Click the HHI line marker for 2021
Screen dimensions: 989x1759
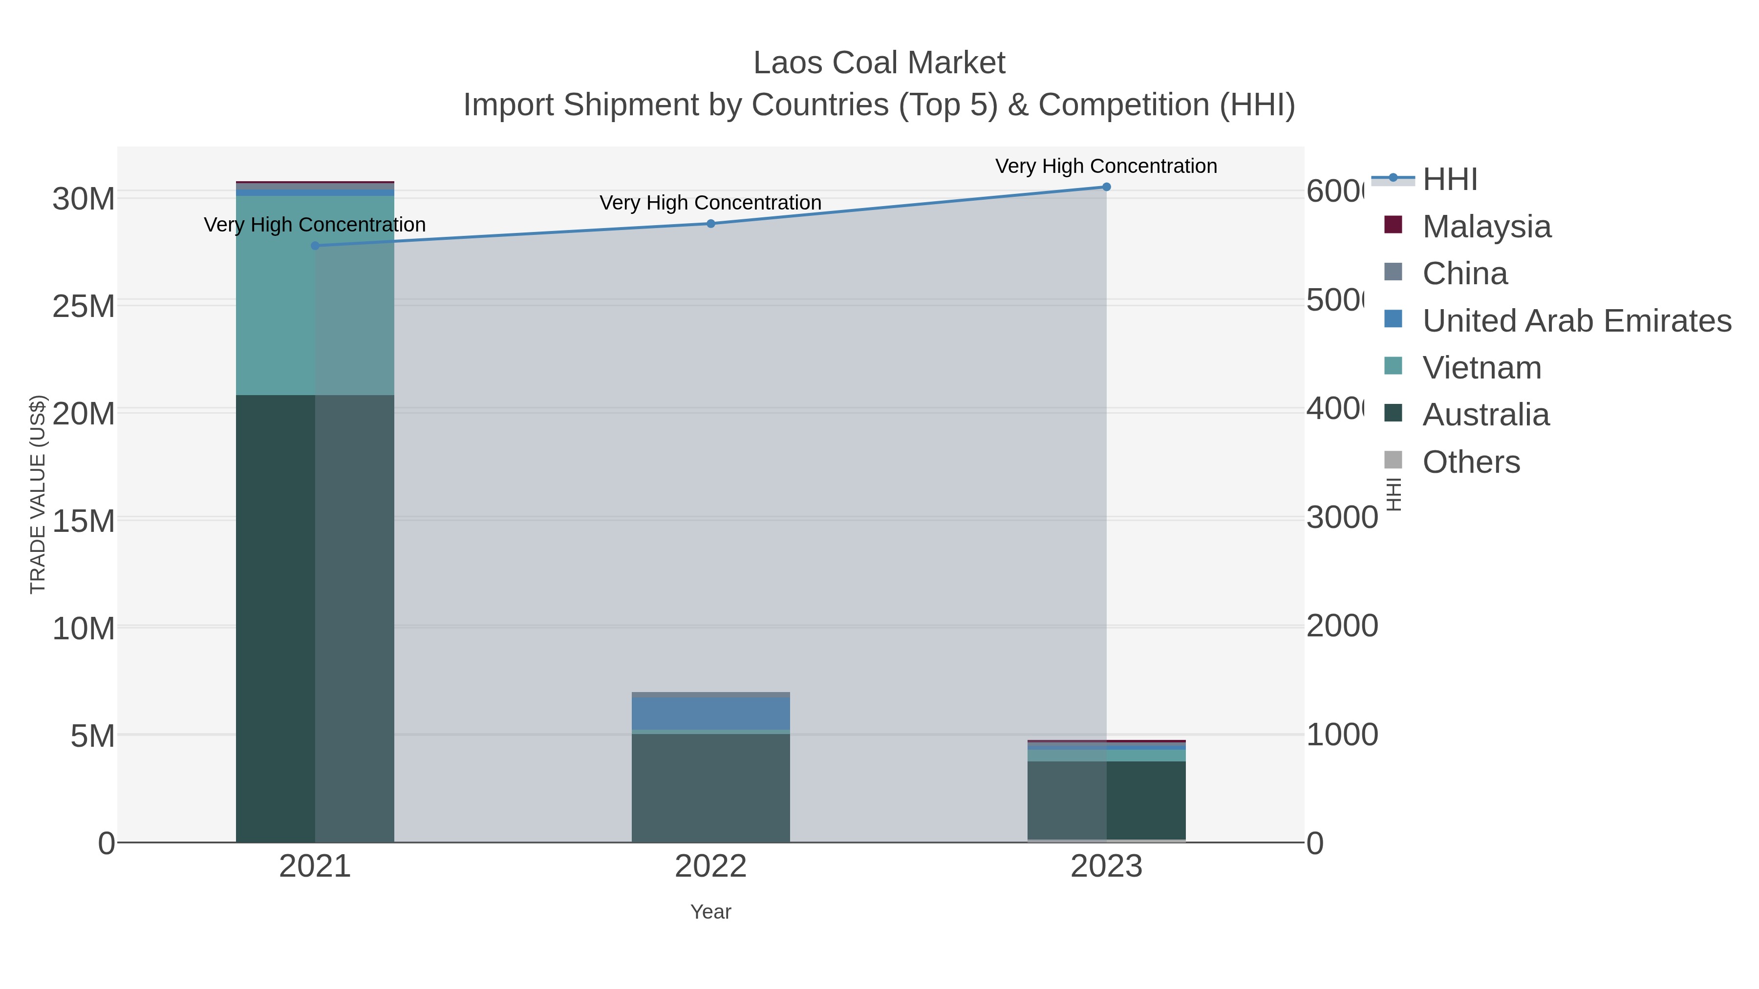pyautogui.click(x=315, y=246)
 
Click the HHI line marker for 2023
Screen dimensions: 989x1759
pyautogui.click(x=1106, y=187)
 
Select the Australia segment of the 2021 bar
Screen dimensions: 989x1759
pyautogui.click(x=315, y=618)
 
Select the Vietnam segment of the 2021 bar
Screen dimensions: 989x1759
pyautogui.click(x=315, y=295)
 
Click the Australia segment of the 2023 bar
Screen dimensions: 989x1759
pyautogui.click(x=1106, y=800)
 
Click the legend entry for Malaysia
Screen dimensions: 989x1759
pyautogui.click(x=1486, y=227)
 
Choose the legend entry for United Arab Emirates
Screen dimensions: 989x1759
pyautogui.click(x=1576, y=321)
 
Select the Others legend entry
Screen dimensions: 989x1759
pyautogui.click(x=1471, y=462)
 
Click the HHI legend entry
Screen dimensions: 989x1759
pyautogui.click(x=1449, y=180)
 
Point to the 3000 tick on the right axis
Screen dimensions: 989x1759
pyautogui.click(x=1341, y=518)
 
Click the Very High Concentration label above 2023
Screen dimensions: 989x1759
pyautogui.click(x=1106, y=166)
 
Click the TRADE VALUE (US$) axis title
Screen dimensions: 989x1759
pyautogui.click(x=38, y=494)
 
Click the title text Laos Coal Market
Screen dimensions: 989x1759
pyautogui.click(x=879, y=63)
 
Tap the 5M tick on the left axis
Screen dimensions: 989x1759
pyautogui.click(x=92, y=736)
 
